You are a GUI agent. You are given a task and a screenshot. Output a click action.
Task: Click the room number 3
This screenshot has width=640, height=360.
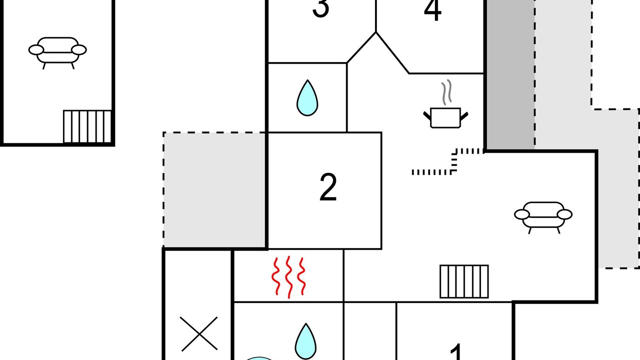pos(320,8)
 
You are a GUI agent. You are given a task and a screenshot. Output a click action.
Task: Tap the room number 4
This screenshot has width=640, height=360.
pos(432,10)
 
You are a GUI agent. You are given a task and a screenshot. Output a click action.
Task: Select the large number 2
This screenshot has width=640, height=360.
pos(328,187)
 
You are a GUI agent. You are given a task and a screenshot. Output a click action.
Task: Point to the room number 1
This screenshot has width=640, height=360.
pos(456,351)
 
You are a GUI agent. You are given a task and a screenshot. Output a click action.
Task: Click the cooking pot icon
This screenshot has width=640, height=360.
pos(445,117)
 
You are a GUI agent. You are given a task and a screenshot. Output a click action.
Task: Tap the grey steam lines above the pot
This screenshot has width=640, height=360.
pos(447,92)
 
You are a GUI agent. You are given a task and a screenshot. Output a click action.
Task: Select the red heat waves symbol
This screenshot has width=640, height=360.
pos(288,277)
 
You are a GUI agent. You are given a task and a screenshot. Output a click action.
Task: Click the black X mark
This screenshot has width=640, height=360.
pos(199,333)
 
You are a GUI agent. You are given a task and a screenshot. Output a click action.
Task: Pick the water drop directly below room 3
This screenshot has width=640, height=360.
pos(307,97)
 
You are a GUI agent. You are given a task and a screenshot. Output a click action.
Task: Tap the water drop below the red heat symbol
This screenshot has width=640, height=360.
pos(305,341)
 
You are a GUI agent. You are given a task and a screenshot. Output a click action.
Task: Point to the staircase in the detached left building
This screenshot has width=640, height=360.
pos(87,126)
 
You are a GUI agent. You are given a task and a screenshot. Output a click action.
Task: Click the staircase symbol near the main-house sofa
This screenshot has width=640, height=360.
pos(464,281)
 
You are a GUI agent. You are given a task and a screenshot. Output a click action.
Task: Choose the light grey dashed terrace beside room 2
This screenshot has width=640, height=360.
pos(214,189)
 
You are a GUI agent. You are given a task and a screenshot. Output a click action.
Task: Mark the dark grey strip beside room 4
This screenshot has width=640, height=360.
pos(511,74)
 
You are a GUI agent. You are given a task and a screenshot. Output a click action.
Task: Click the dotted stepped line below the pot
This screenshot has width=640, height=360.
pos(454,161)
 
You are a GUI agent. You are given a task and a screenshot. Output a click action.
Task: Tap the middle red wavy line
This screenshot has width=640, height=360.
pos(289,277)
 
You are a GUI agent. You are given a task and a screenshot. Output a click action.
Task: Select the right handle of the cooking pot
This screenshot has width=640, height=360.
pos(464,116)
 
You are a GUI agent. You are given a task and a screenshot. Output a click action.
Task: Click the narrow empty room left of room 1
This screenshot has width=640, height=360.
pos(369,331)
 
